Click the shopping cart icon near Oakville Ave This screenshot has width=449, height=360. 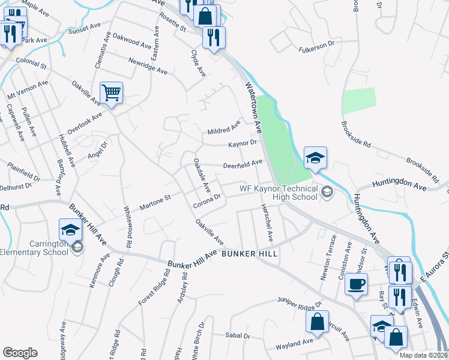[x=111, y=93]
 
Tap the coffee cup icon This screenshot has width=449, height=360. [x=356, y=284]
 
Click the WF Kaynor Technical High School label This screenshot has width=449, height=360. [x=279, y=192]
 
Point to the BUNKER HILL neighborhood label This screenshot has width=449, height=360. [x=249, y=254]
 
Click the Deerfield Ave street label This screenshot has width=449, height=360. [x=243, y=163]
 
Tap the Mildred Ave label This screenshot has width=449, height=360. [x=223, y=128]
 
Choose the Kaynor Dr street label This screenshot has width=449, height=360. [x=242, y=144]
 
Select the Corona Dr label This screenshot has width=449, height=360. [x=208, y=200]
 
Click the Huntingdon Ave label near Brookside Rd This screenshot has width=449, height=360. [x=399, y=184]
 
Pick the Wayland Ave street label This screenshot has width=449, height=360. [x=294, y=344]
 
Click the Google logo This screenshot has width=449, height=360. [x=20, y=352]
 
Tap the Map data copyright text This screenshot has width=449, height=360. [x=423, y=355]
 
